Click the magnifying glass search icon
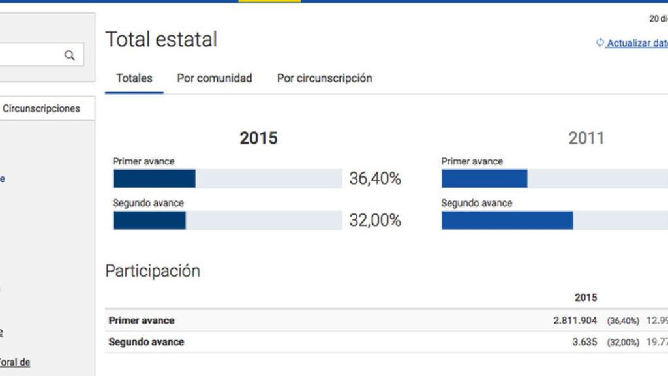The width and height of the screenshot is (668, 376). pyautogui.click(x=69, y=55)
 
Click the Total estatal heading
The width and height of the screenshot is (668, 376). pyautogui.click(x=161, y=40)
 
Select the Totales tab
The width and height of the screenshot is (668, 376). pyautogui.click(x=134, y=78)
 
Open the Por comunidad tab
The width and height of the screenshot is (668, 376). pyautogui.click(x=215, y=78)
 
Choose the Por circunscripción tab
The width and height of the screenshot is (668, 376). pyautogui.click(x=324, y=78)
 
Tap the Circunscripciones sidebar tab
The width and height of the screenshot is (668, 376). pyautogui.click(x=42, y=109)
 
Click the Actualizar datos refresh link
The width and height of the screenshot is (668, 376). pyautogui.click(x=636, y=43)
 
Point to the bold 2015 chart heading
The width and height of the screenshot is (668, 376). pyautogui.click(x=258, y=138)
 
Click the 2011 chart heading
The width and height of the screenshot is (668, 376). pyautogui.click(x=586, y=138)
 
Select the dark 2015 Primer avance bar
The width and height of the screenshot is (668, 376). pyautogui.click(x=154, y=179)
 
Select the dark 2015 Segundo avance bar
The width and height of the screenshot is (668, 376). pyautogui.click(x=149, y=221)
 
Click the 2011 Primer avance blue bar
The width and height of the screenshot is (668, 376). pyautogui.click(x=484, y=179)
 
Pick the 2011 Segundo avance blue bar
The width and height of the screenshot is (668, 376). pyautogui.click(x=507, y=221)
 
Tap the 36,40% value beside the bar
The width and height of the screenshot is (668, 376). pyautogui.click(x=375, y=179)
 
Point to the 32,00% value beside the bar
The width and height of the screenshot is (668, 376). pyautogui.click(x=375, y=221)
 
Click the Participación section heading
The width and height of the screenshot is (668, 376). pyautogui.click(x=153, y=271)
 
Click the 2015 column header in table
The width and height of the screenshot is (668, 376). pyautogui.click(x=585, y=298)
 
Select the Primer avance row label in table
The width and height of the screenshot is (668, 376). pyautogui.click(x=142, y=321)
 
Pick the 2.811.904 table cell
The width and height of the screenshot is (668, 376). pyautogui.click(x=575, y=321)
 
